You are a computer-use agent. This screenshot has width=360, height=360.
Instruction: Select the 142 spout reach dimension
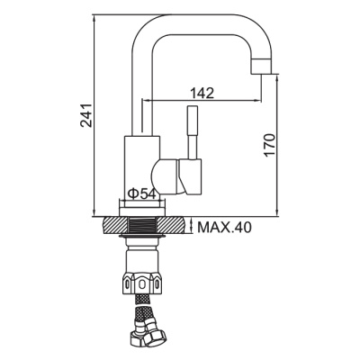202,91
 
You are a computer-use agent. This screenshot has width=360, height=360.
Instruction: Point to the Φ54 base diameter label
143,193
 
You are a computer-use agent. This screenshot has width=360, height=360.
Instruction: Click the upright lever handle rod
192,131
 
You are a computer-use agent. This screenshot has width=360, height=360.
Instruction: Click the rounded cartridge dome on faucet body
166,171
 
